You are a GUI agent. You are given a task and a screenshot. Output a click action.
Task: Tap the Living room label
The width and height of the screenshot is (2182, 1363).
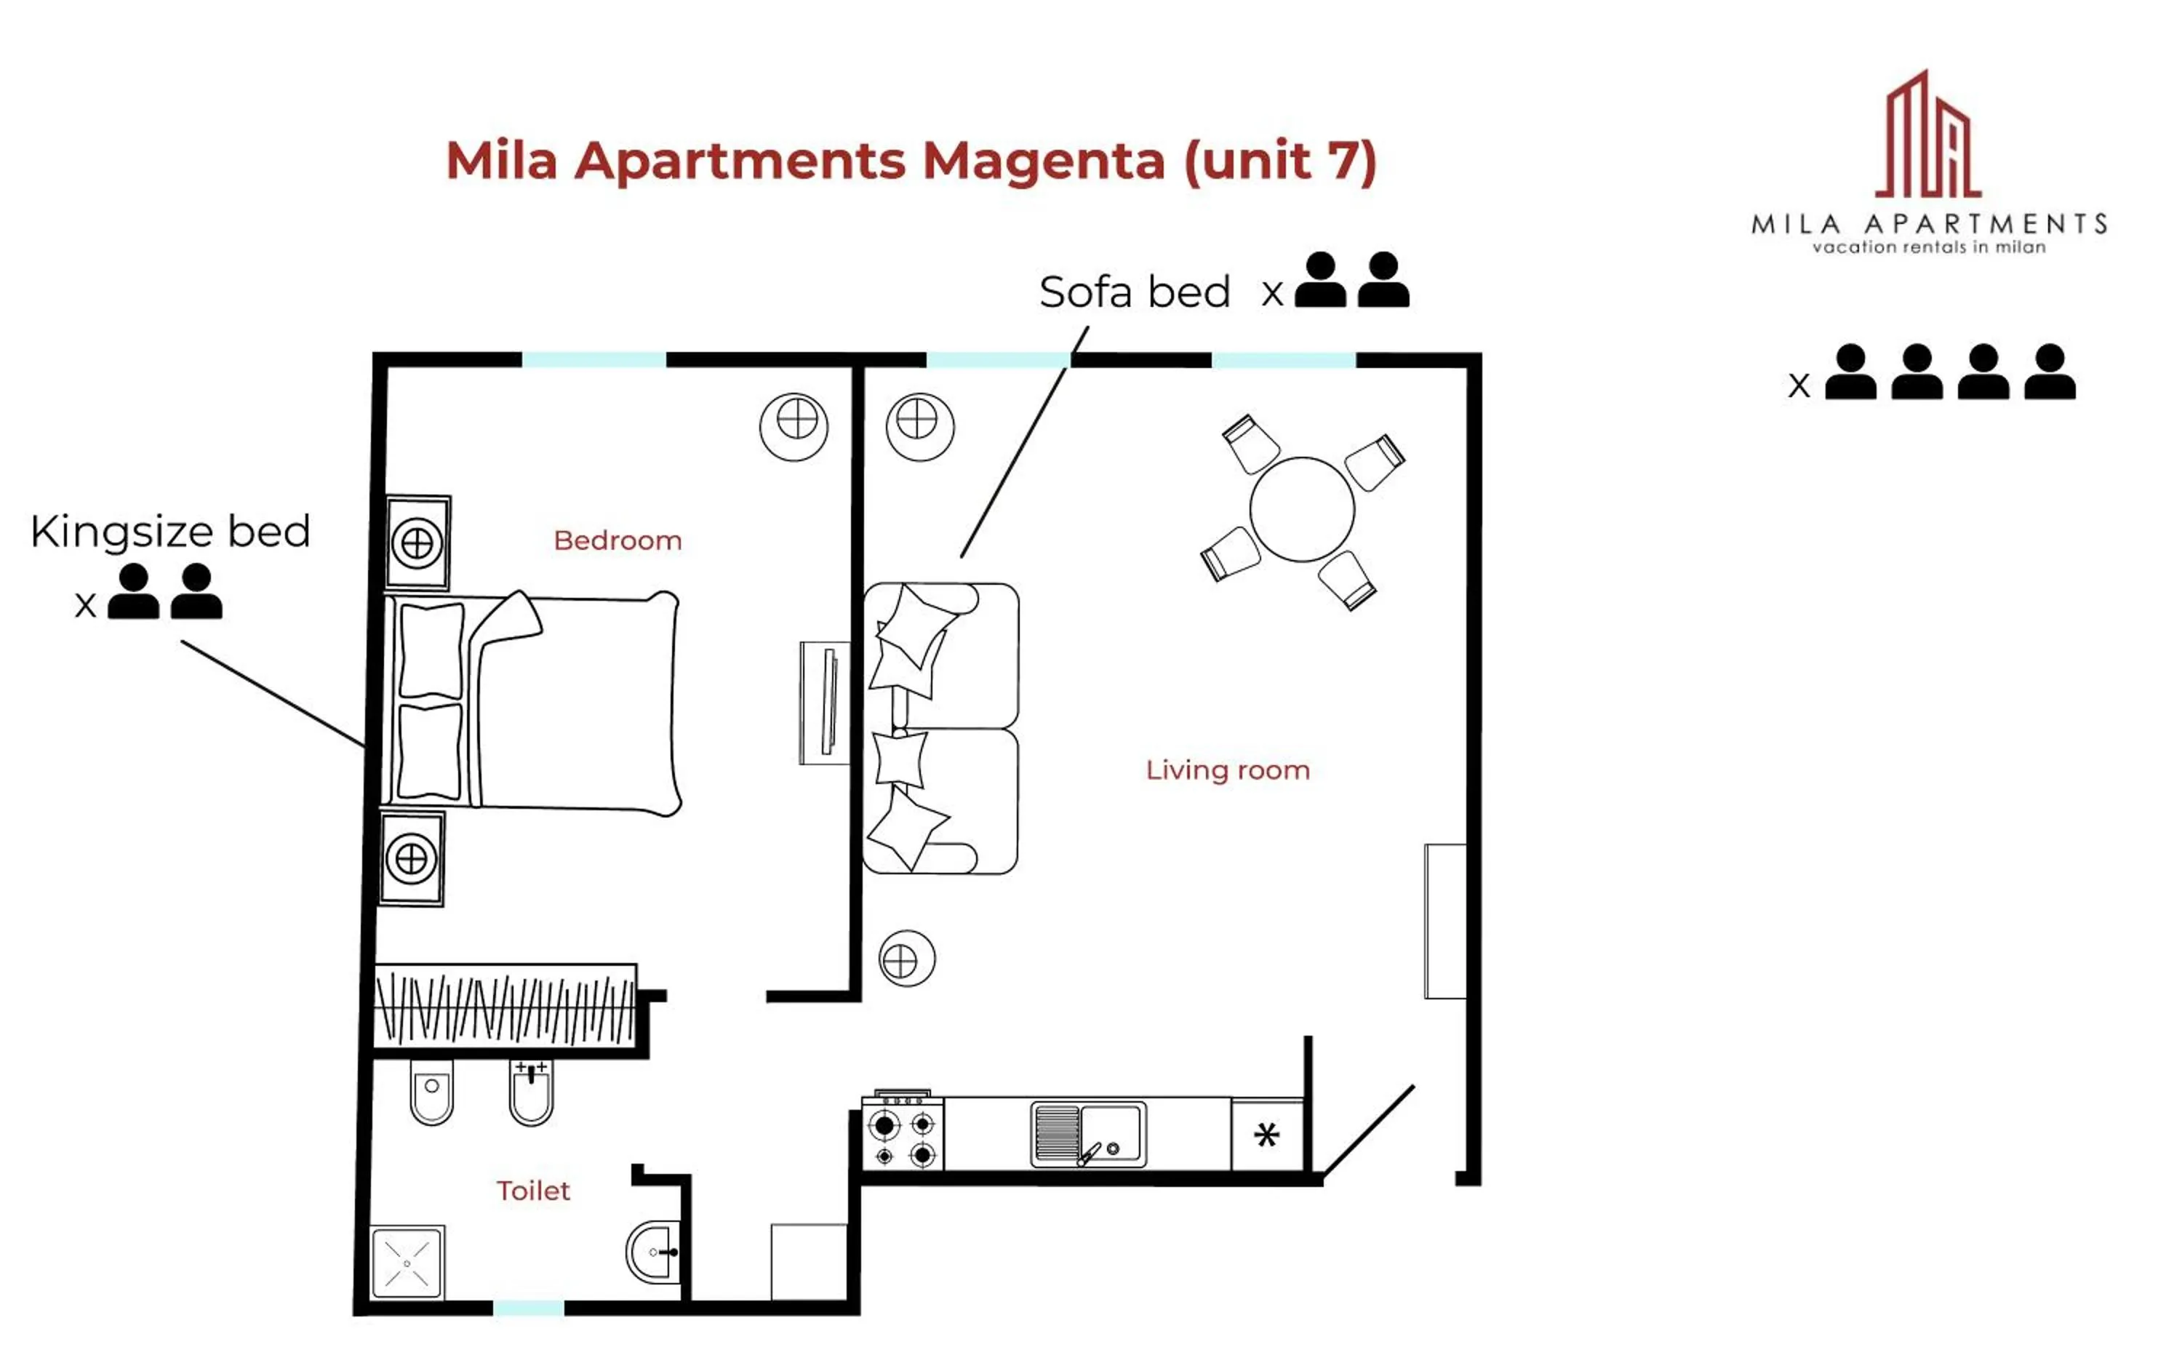coord(1228,770)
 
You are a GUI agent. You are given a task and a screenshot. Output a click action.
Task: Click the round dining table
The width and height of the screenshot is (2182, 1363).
coord(1301,509)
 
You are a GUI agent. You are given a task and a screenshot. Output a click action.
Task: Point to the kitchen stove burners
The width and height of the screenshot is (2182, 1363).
coord(903,1138)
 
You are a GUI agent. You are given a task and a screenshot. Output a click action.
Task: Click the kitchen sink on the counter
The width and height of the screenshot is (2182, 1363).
coord(1088,1134)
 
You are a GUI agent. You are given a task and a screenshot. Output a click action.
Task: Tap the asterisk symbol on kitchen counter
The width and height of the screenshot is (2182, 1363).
coord(1266,1135)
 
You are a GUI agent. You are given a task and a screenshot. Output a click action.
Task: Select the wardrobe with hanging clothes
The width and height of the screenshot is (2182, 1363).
coord(505,1006)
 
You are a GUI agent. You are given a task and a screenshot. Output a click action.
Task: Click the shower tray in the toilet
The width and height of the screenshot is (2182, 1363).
coord(407,1262)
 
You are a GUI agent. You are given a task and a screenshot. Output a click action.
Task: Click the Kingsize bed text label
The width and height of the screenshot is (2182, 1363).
coord(170,531)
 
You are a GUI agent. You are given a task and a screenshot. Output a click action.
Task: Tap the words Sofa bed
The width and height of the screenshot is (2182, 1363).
coord(1134,292)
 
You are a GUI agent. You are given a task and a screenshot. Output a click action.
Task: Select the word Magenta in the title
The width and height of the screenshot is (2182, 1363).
coord(1044,161)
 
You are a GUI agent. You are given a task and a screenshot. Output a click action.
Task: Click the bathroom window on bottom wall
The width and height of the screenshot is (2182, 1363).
coord(529,1308)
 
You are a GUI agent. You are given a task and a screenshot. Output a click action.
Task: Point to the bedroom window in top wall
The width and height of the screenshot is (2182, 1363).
coord(594,360)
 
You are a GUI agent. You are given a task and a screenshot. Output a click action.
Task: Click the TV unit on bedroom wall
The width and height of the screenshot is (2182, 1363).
coord(825,703)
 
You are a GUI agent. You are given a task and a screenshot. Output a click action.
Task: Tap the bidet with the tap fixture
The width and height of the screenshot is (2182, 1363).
coord(531,1092)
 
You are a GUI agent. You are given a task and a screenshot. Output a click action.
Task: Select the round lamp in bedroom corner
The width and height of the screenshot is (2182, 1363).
coord(794,425)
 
